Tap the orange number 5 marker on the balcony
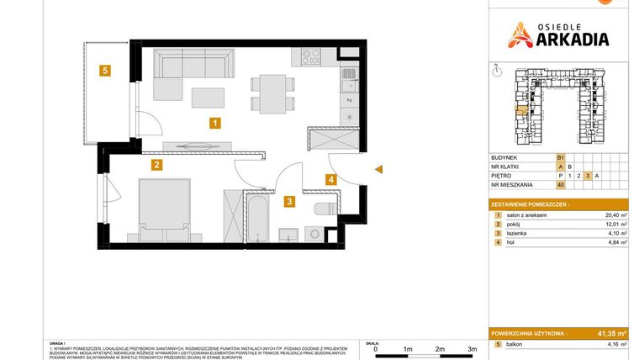click(104, 71)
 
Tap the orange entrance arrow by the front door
click(379, 171)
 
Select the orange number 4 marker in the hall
click(331, 178)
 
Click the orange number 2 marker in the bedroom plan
click(156, 165)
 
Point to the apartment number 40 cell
click(560, 184)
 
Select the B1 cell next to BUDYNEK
click(560, 157)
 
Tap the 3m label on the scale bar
click(472, 348)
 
